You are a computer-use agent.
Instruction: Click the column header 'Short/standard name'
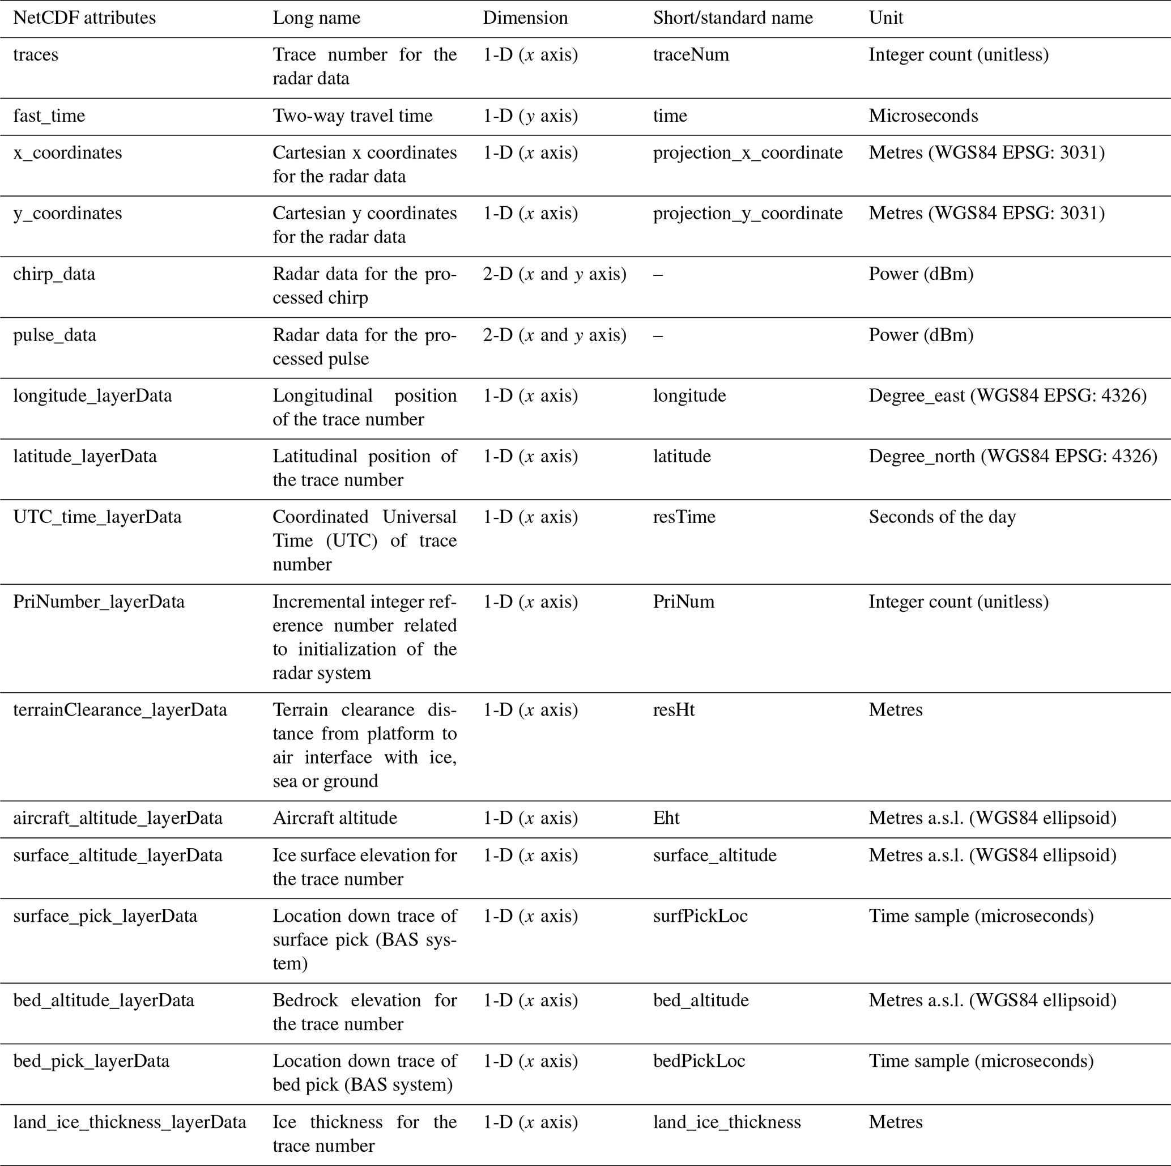pos(732,18)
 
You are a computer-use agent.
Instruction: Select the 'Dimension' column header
pos(525,18)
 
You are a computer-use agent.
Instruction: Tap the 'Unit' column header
pos(885,18)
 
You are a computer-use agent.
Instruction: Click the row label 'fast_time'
pos(49,116)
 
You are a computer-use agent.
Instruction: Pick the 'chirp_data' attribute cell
pos(54,274)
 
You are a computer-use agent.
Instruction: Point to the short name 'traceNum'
pos(691,55)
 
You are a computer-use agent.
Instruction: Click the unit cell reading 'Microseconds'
pos(922,116)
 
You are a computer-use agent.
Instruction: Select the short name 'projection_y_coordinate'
pos(747,214)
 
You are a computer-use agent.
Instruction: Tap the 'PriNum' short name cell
pos(683,602)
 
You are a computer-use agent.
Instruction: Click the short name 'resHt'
pos(674,710)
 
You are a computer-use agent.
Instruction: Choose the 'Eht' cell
pos(666,818)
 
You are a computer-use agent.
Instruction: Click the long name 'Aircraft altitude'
pos(335,818)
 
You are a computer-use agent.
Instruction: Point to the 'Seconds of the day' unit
pos(942,517)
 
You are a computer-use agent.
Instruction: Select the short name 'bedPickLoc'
pos(699,1061)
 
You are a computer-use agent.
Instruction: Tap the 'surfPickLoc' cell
pos(700,916)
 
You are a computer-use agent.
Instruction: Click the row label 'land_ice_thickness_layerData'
pos(130,1122)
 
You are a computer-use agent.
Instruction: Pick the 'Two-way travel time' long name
pos(352,116)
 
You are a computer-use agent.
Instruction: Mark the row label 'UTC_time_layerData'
pos(97,517)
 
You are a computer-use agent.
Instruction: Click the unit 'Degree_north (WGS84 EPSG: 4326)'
pos(1012,456)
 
